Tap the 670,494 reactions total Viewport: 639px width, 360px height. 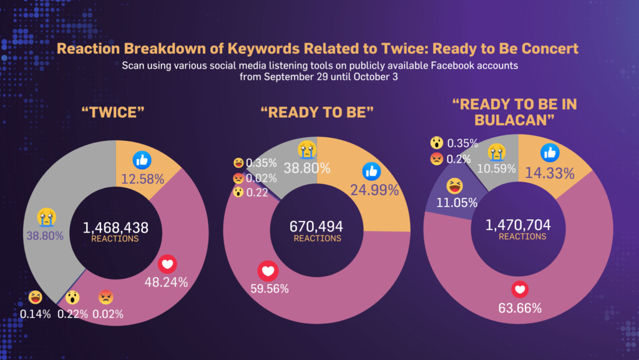(x=317, y=226)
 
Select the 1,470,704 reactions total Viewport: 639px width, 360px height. (x=519, y=225)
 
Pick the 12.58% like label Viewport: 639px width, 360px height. (x=142, y=178)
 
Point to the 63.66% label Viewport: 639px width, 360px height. (x=520, y=308)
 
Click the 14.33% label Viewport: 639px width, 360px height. (x=552, y=174)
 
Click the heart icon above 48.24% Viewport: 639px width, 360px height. (x=167, y=265)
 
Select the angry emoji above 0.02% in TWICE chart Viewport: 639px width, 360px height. (x=105, y=298)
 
